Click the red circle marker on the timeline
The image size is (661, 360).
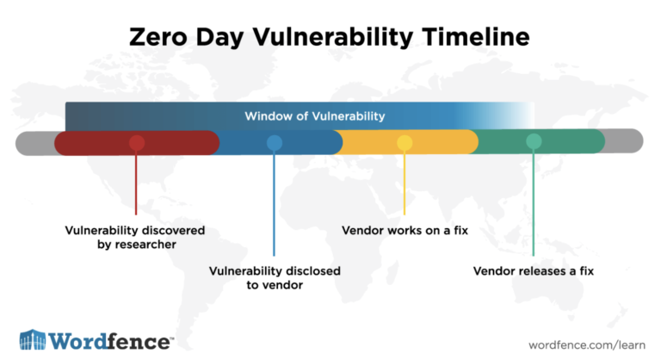coord(137,143)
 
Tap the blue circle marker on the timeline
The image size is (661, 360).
coord(275,143)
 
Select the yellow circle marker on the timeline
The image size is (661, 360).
coord(405,143)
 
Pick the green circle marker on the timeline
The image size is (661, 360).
coord(534,141)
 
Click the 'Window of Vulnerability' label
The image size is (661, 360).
coord(315,116)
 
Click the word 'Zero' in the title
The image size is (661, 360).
coord(158,37)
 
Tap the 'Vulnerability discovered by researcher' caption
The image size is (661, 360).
coord(135,237)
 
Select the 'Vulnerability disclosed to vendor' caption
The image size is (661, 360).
coord(275,277)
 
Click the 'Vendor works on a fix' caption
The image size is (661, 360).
coord(405,231)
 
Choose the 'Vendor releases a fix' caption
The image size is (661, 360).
coord(534,271)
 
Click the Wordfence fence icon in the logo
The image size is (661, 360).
coord(33,339)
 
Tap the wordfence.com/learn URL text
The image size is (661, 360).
coord(587,344)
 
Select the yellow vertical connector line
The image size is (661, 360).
coord(405,183)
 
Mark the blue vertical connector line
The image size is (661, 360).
coord(274,203)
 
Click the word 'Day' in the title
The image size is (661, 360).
coord(219,38)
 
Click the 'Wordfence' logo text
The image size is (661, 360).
coord(110,341)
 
